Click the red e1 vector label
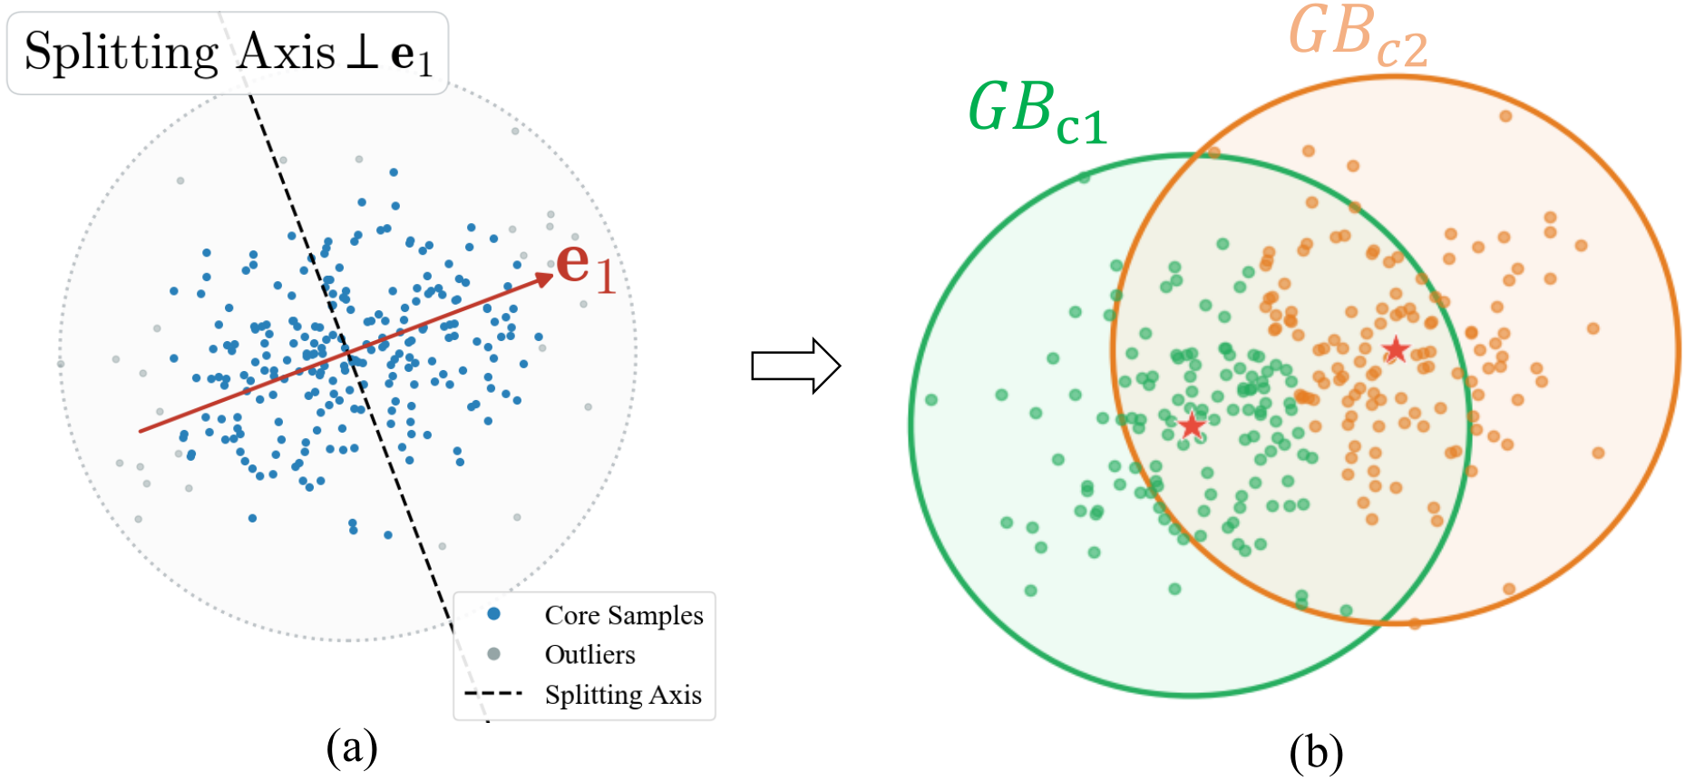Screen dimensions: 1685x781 point(586,268)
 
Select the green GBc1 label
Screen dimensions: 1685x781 point(1037,112)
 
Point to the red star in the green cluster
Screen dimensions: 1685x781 point(1192,425)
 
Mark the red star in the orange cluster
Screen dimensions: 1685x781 point(1396,348)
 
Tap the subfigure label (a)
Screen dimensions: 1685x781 point(352,749)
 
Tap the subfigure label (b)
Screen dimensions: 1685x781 point(1316,752)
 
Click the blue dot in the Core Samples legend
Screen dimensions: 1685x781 point(493,614)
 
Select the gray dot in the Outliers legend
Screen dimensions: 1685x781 point(493,654)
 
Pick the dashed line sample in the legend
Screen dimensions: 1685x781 point(493,694)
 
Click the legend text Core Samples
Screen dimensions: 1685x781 point(624,615)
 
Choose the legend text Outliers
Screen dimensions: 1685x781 point(589,654)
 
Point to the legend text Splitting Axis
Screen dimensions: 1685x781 point(623,695)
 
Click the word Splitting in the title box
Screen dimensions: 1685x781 point(122,53)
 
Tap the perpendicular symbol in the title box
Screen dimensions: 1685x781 point(362,53)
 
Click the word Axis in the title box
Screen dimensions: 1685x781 point(287,52)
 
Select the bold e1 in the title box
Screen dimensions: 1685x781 point(412,57)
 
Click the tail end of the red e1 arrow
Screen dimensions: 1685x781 point(140,431)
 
